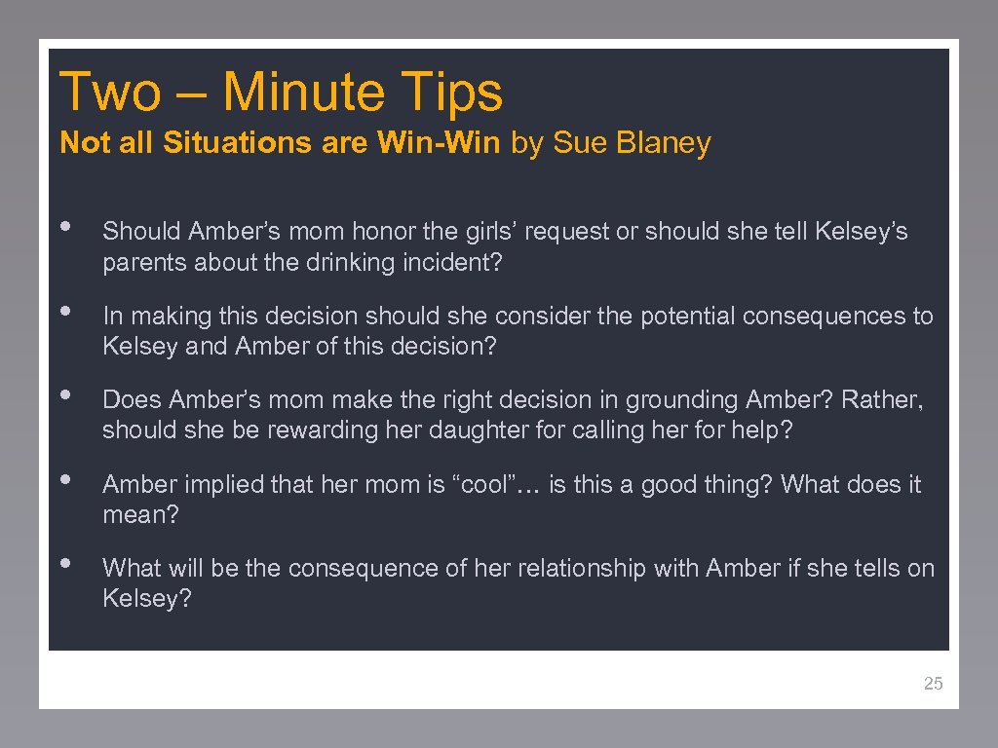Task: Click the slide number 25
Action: pos(933,684)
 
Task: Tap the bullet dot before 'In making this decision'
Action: pos(66,311)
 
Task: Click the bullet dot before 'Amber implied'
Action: pos(66,479)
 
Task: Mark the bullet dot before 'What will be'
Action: pos(66,563)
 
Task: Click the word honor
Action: pos(383,232)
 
